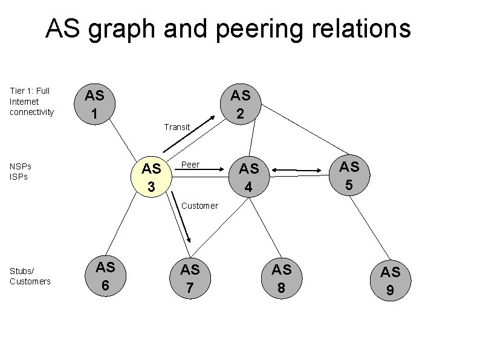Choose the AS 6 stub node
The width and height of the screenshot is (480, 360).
(x=105, y=276)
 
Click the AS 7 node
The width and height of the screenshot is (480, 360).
(x=190, y=278)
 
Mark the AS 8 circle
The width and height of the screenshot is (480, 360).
(x=281, y=278)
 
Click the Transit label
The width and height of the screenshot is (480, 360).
(x=177, y=128)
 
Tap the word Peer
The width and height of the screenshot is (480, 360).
(x=190, y=165)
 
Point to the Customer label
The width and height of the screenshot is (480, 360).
(x=199, y=206)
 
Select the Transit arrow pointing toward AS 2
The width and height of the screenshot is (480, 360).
(x=188, y=134)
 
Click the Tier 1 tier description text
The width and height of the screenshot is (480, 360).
(x=32, y=102)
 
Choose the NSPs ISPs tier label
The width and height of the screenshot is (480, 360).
(x=21, y=171)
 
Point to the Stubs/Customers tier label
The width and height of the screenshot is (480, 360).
(x=30, y=275)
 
